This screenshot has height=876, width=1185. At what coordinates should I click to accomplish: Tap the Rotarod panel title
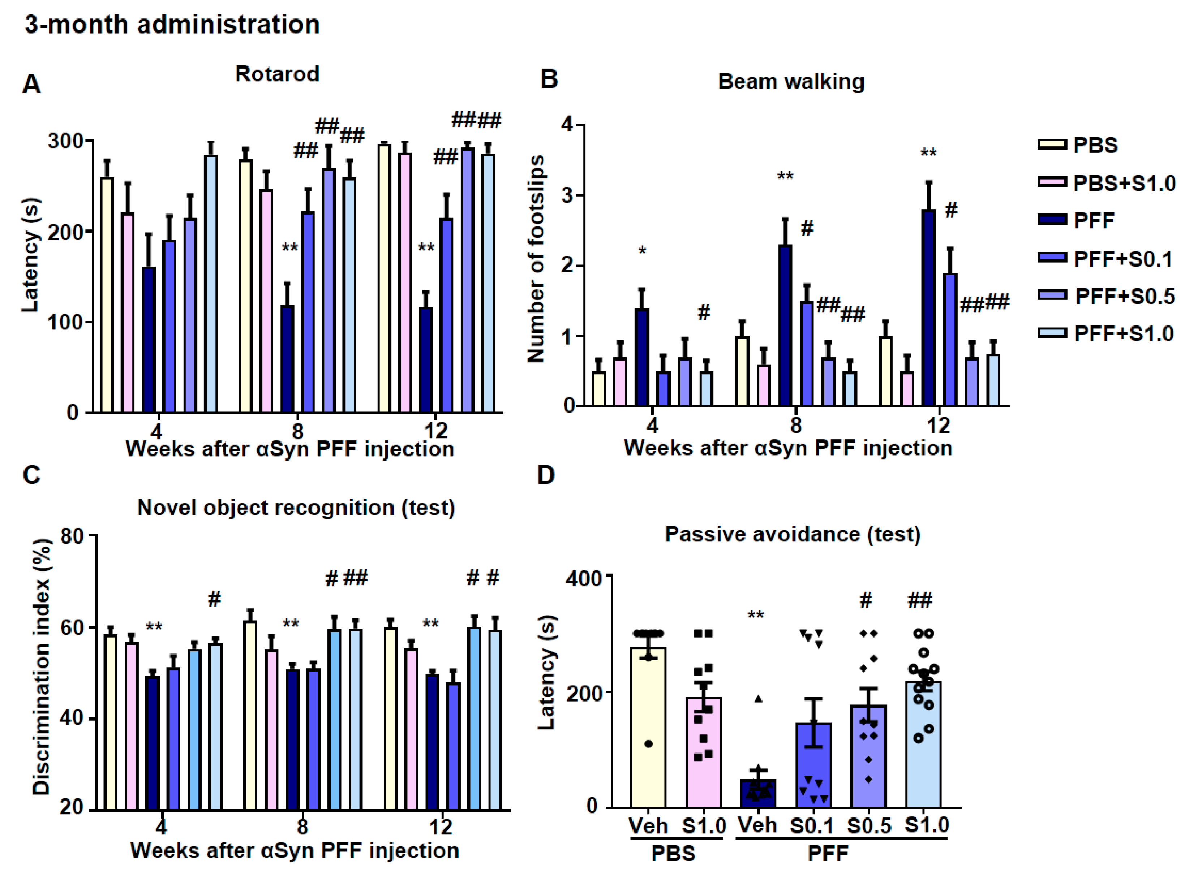click(277, 74)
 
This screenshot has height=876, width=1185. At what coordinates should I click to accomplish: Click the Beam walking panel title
click(791, 82)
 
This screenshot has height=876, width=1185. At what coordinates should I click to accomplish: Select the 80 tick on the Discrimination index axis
click(72, 536)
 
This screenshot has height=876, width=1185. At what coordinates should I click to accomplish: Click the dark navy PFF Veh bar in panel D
click(758, 793)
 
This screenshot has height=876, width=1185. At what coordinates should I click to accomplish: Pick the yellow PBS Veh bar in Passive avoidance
click(648, 728)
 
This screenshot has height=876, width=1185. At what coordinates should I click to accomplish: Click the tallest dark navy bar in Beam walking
click(928, 308)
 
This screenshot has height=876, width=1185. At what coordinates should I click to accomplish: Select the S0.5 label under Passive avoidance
click(869, 826)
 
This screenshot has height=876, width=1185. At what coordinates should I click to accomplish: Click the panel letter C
click(32, 475)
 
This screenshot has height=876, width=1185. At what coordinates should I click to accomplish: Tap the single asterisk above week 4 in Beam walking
click(642, 251)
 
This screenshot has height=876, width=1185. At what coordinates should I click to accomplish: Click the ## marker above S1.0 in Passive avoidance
click(920, 600)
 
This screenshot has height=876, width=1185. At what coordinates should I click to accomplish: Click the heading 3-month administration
click(172, 25)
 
